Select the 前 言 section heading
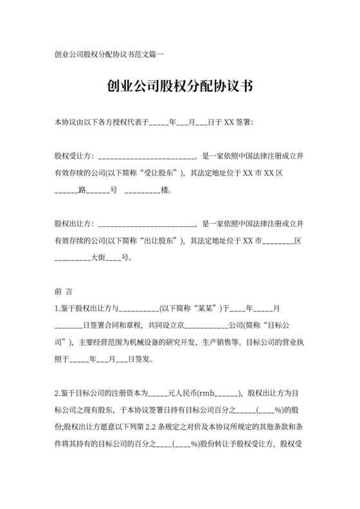pos(64,291)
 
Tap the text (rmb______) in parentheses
pos(219,392)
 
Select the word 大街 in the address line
pos(97,258)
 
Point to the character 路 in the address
pos(82,190)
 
